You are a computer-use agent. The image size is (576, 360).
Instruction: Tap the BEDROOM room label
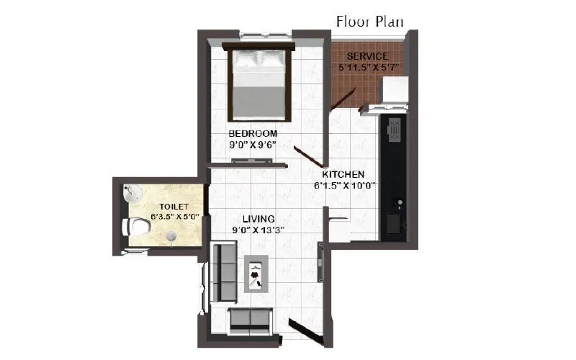pos(253,134)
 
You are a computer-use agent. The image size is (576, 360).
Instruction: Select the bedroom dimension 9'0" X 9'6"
pos(253,145)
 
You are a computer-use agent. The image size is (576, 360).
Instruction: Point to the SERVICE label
pos(368,56)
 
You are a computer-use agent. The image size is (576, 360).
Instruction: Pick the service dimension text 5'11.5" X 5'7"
pos(369,67)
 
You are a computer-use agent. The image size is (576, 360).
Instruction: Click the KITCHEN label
pos(343,175)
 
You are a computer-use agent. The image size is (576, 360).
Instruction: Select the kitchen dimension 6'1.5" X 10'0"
pos(344,186)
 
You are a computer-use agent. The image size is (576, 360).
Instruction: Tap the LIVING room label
pos(258,219)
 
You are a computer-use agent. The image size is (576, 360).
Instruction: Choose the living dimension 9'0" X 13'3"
pos(258,230)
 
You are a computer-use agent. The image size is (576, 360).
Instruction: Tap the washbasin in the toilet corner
pos(130,192)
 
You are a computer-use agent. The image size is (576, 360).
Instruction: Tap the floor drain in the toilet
pos(171,235)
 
